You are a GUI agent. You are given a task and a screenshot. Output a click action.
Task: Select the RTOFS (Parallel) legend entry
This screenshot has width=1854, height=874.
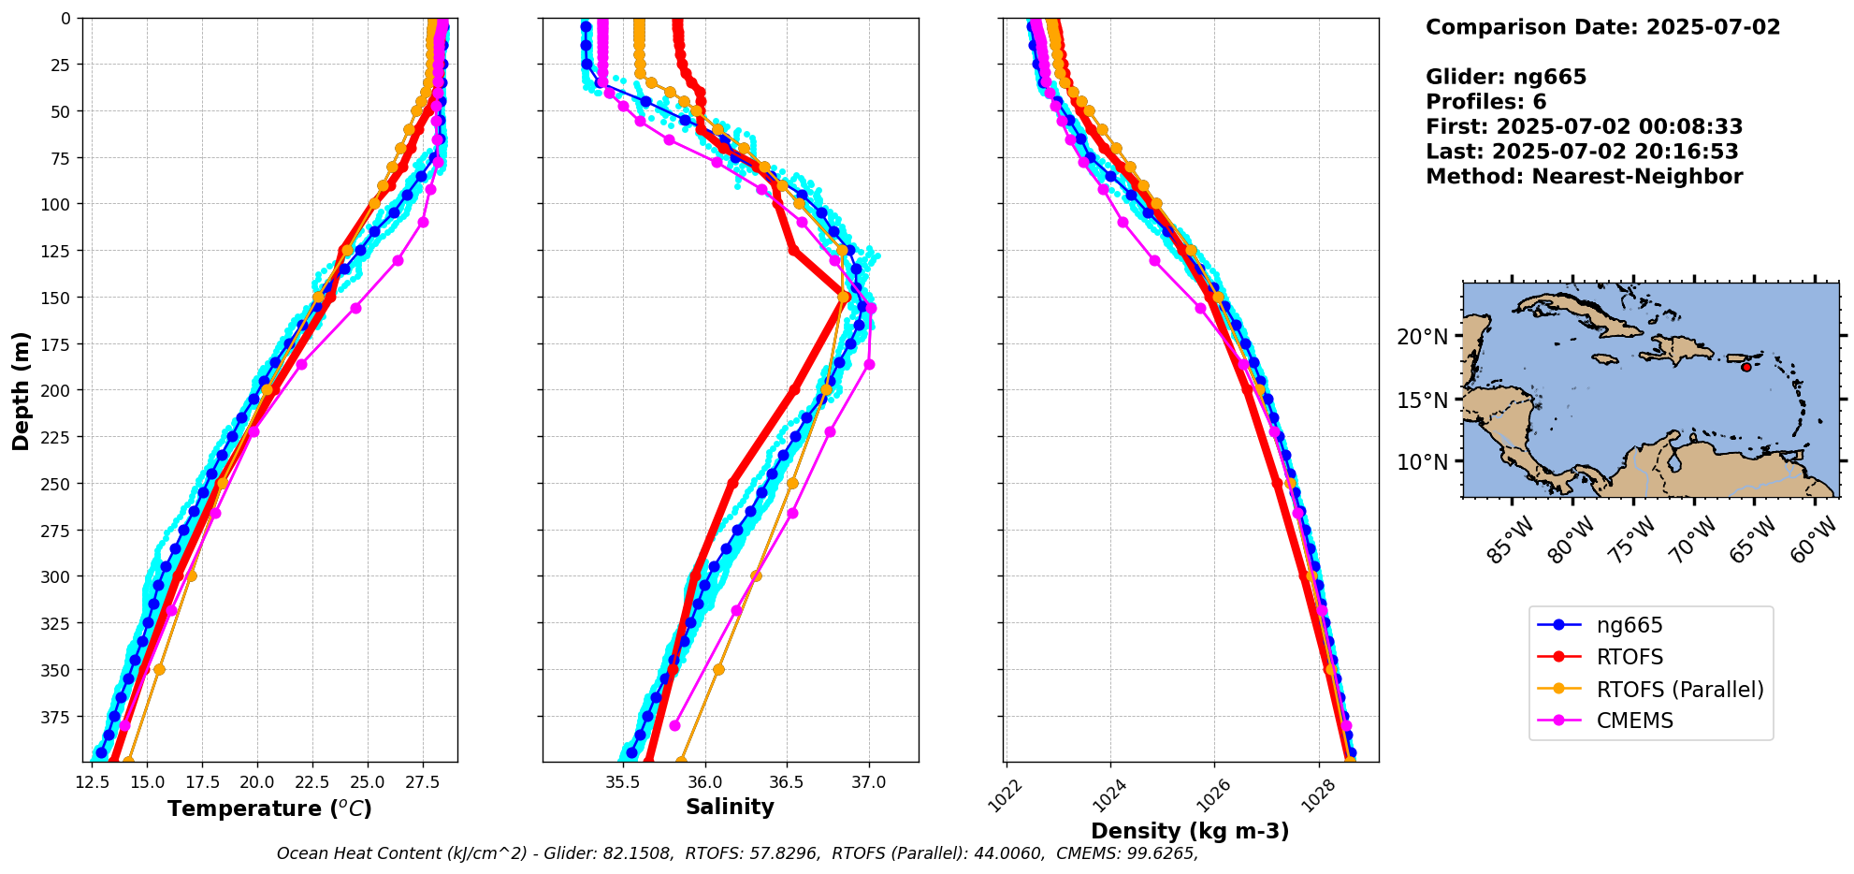(1679, 690)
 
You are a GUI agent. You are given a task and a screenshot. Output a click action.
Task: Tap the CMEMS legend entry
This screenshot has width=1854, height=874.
(1634, 721)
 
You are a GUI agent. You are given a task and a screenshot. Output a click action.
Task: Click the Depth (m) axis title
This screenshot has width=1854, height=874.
(21, 390)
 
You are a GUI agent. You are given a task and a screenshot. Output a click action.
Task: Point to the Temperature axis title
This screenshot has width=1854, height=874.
(269, 808)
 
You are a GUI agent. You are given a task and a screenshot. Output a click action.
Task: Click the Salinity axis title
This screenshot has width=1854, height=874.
(730, 808)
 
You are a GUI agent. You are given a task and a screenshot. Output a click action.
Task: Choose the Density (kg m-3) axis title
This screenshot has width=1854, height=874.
(1190, 831)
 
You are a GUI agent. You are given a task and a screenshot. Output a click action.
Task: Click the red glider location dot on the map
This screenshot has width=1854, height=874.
(1745, 367)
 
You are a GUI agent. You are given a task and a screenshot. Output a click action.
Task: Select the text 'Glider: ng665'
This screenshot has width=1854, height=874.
(1505, 77)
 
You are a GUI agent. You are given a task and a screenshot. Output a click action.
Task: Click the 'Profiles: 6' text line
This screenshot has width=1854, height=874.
(1485, 102)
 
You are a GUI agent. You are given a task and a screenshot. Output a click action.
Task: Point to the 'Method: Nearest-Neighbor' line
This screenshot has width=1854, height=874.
(1584, 177)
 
